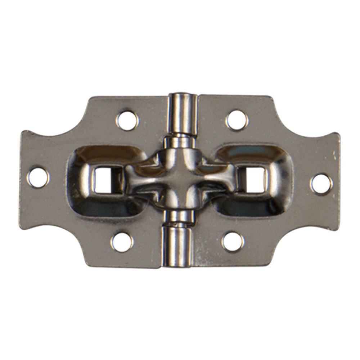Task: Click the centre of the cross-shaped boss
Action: [179, 179]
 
